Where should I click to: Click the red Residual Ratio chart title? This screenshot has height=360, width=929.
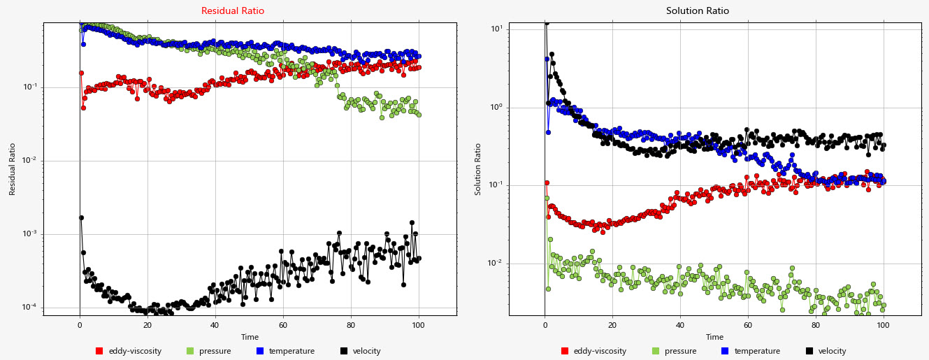click(233, 11)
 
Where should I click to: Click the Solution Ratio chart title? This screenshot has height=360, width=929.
click(697, 11)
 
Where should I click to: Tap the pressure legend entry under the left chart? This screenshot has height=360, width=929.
click(208, 351)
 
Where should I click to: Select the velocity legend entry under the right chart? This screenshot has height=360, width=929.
click(826, 351)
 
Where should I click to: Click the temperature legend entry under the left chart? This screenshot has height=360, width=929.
click(285, 351)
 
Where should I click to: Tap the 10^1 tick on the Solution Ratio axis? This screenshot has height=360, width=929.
click(497, 29)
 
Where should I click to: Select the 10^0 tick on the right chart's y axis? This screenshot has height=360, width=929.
click(497, 108)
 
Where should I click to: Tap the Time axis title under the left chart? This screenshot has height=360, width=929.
click(250, 337)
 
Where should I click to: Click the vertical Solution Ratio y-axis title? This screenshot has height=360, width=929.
click(479, 169)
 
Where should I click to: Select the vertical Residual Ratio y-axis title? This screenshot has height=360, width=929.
click(12, 169)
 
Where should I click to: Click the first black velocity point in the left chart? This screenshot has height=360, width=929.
click(81, 217)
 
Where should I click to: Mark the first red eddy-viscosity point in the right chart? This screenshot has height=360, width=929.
click(547, 182)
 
